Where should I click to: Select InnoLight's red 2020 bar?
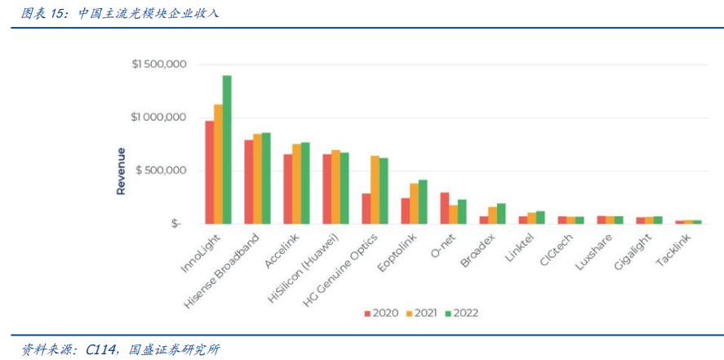(209, 172)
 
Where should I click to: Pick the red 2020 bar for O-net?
(445, 208)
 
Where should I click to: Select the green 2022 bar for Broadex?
(501, 213)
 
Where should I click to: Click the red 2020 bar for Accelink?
(287, 189)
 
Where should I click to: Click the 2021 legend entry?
(421, 313)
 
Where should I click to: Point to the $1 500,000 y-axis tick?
(160, 64)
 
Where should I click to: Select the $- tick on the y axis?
(175, 224)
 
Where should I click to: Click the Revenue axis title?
(121, 171)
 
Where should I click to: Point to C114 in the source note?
(99, 349)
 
